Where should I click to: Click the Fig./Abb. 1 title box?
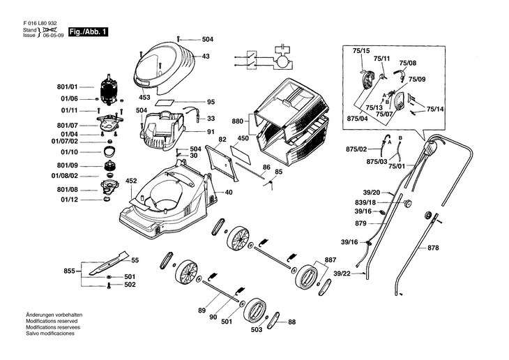[88, 32]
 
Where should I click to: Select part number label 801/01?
[67, 87]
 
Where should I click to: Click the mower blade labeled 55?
[108, 263]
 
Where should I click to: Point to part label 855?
[70, 271]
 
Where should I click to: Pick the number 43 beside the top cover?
[206, 57]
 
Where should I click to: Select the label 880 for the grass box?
[238, 121]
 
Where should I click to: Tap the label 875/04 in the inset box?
[358, 119]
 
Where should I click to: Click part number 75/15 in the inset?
[361, 51]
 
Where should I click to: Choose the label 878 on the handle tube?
[433, 248]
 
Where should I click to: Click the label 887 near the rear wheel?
[331, 260]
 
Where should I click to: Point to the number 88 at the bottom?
[292, 322]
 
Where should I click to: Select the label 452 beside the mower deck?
[131, 181]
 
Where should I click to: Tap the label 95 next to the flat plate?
[211, 102]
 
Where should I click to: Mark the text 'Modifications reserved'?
[52, 321]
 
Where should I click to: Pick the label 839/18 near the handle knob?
[365, 203]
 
